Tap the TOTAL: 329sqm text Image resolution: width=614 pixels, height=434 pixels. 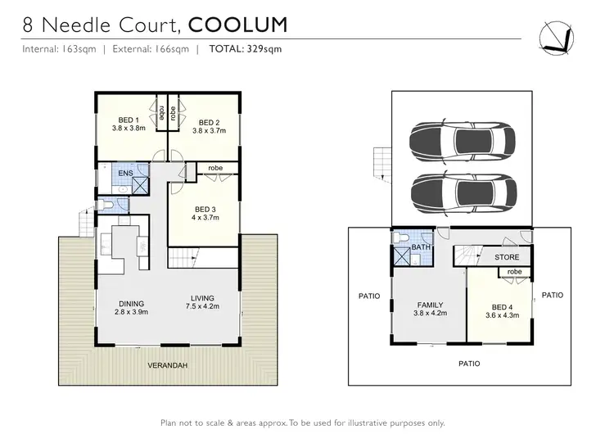point(246,49)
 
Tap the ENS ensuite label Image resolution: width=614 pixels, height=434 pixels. point(124,174)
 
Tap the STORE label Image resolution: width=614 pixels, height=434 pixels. point(507,257)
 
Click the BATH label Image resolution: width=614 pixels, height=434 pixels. point(422,246)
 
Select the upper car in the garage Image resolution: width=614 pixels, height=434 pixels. point(463,140)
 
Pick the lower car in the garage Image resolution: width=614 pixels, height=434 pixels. point(463,192)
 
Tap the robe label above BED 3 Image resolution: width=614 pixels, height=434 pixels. point(214,168)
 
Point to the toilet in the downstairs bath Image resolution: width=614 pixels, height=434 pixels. point(400,238)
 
